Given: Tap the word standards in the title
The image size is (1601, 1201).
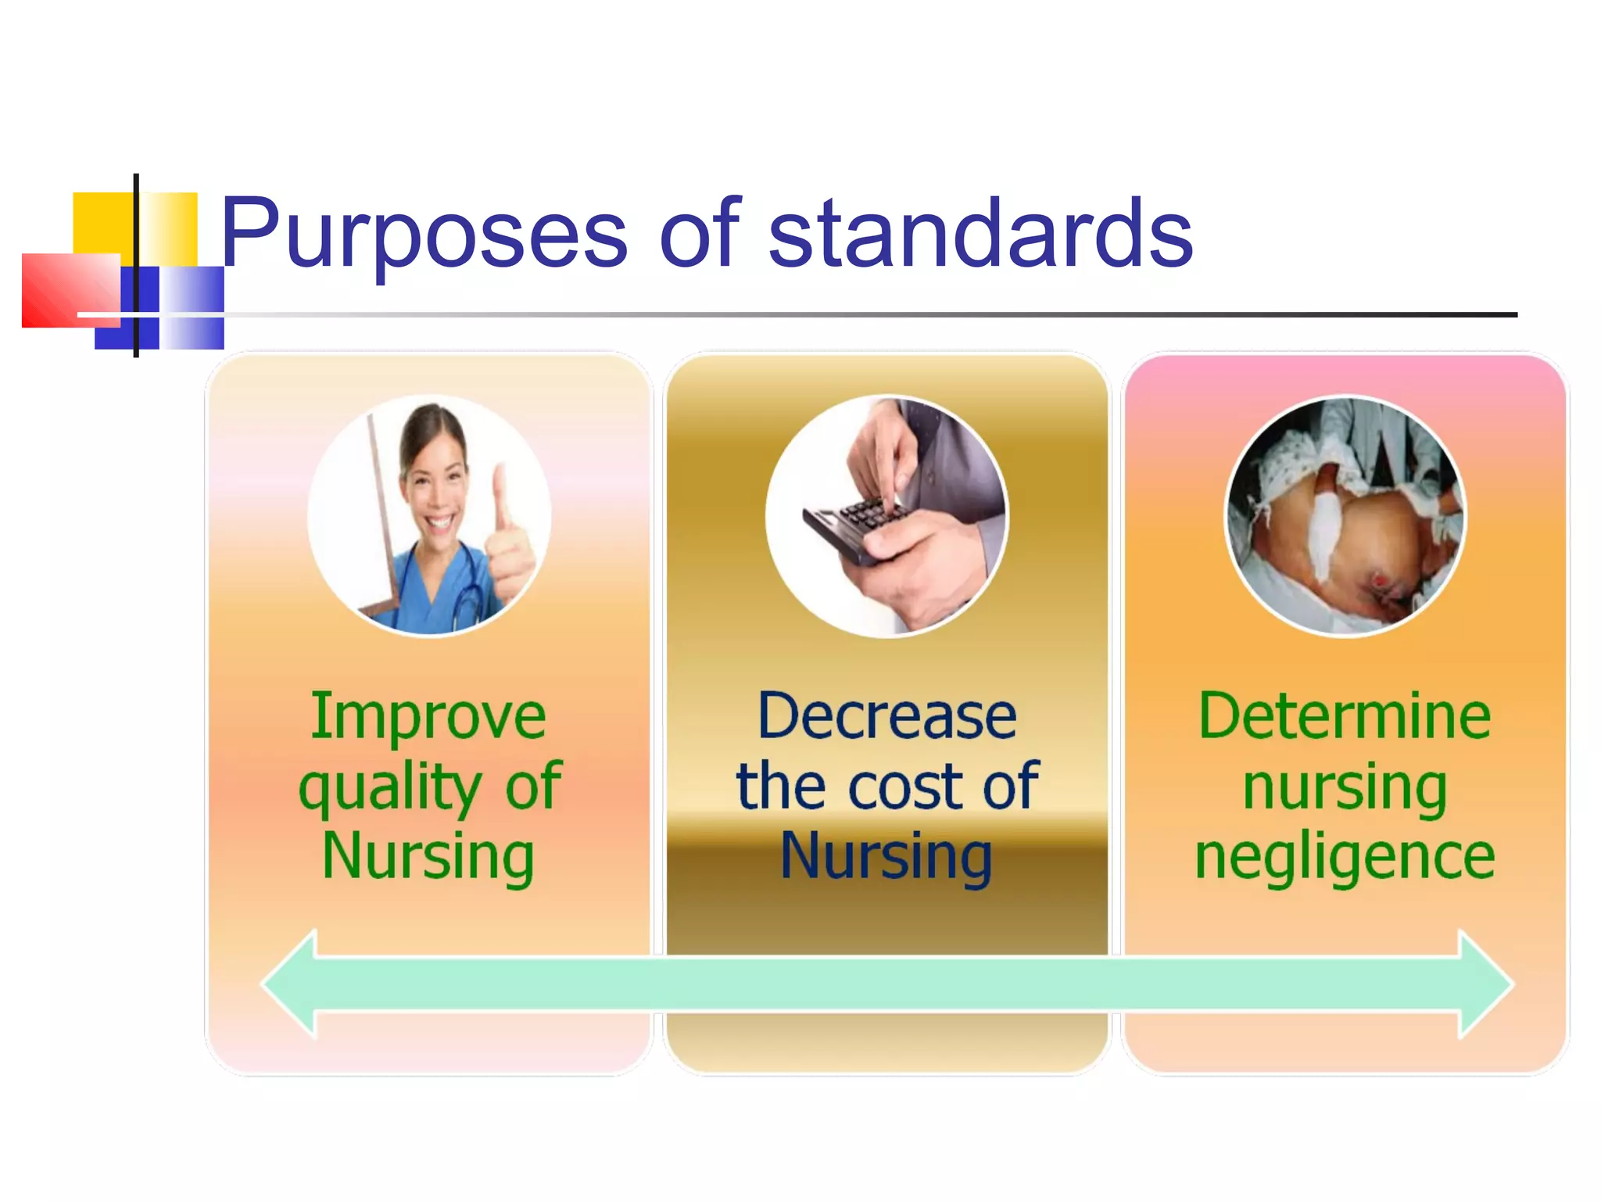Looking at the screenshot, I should coord(980,233).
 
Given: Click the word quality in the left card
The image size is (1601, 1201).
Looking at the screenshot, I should coord(389,788).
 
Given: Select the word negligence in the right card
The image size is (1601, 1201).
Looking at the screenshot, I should coord(1345,859).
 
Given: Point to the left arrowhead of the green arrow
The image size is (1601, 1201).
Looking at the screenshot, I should coord(289,984).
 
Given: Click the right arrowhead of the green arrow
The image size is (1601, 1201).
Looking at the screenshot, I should coord(1485,984).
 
